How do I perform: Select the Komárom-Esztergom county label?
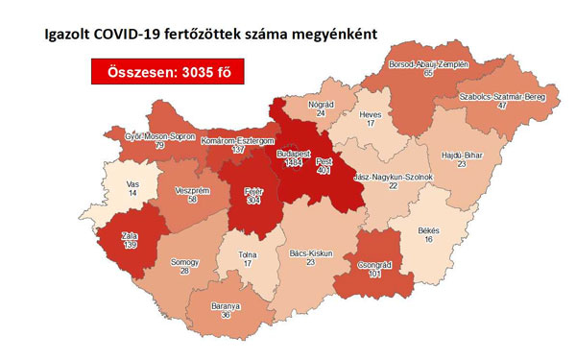(x=238, y=140)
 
